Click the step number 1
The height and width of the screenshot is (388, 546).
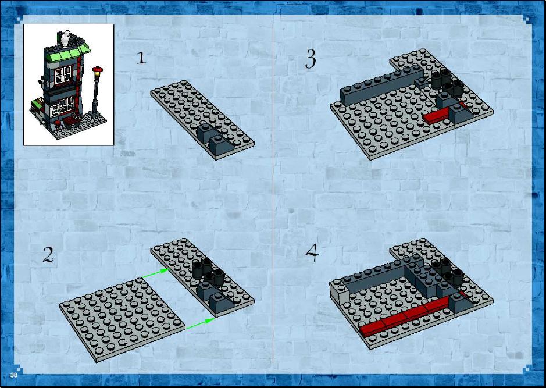(141, 58)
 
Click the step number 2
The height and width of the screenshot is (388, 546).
(48, 255)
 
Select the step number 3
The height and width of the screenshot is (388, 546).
(311, 59)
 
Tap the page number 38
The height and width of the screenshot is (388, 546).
(13, 375)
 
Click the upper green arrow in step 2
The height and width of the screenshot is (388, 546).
(156, 273)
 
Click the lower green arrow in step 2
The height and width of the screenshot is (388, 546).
(200, 323)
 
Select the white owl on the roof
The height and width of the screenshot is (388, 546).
(66, 38)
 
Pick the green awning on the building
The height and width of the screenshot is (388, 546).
(67, 54)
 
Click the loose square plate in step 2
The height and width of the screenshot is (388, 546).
(122, 319)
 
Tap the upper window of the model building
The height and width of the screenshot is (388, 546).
(63, 75)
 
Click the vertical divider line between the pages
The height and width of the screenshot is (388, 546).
(273, 193)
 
